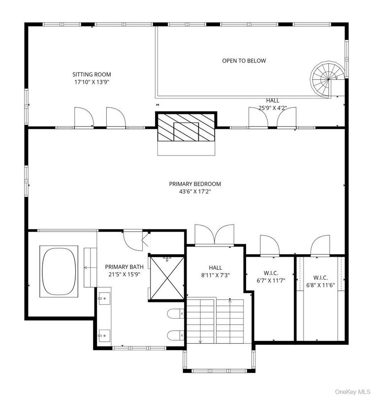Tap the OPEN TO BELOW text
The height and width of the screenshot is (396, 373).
click(x=244, y=61)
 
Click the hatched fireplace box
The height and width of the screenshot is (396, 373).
click(x=186, y=128)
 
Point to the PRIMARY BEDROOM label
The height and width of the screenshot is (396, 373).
click(x=195, y=184)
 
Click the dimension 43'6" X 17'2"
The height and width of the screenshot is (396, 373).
click(x=195, y=192)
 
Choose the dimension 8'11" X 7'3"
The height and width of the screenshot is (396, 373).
click(x=216, y=275)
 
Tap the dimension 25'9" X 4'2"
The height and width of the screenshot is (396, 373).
click(x=273, y=108)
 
